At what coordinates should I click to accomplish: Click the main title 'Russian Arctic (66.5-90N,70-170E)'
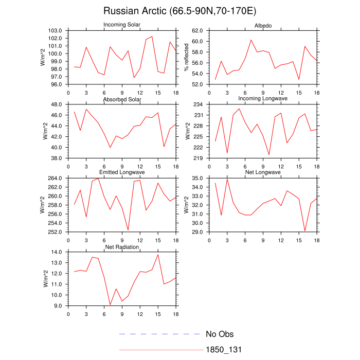[x=180, y=11]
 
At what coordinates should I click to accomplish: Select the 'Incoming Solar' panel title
[x=122, y=25]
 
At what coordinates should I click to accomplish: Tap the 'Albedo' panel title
[x=263, y=26]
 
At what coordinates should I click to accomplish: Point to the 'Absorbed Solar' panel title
[x=122, y=99]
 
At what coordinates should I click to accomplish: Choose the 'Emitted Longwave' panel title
[x=122, y=172]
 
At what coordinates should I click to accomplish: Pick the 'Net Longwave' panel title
[x=263, y=172]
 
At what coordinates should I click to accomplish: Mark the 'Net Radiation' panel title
[x=122, y=247]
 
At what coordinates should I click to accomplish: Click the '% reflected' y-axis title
[x=187, y=57]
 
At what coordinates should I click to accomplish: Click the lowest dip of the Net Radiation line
[x=110, y=305]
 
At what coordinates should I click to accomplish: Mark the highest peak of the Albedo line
[x=251, y=40]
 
